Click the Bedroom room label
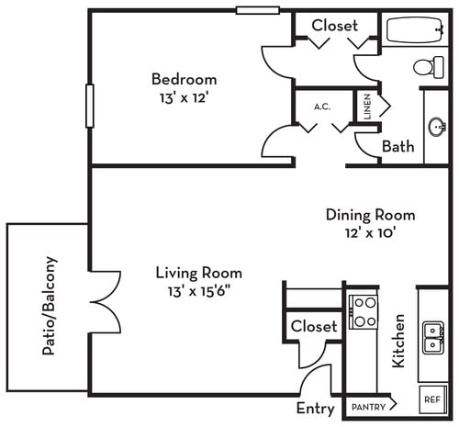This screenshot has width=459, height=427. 185,78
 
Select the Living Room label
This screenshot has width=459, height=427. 198,273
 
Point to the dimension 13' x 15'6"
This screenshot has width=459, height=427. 198,291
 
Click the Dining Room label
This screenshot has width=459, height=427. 370,215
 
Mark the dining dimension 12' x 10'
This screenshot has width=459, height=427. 370,232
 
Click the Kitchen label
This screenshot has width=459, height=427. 399,340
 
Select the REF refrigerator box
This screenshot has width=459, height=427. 431,400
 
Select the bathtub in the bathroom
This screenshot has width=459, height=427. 415,35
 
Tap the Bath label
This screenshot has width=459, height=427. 397,146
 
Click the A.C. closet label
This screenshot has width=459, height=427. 322,107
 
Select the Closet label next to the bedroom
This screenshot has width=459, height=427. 334,26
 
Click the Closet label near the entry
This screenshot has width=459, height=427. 314,326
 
